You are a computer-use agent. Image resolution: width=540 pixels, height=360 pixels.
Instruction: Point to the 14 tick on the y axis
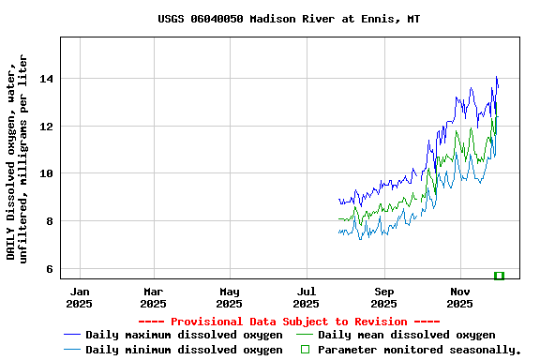point(46,79)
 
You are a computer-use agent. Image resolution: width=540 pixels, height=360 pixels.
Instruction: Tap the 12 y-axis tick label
point(46,127)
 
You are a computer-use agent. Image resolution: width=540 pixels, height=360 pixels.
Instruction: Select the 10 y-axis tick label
point(46,173)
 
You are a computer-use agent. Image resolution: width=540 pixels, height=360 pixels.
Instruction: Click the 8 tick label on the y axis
point(49,221)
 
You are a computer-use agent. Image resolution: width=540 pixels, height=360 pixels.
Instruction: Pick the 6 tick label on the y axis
point(49,269)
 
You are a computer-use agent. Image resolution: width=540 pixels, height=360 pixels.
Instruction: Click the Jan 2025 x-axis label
point(80,297)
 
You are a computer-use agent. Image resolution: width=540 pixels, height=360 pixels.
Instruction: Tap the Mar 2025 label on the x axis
point(153,297)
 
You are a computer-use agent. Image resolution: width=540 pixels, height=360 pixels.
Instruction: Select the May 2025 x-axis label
point(230,297)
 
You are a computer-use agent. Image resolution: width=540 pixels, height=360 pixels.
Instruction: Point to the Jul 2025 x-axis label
point(307,297)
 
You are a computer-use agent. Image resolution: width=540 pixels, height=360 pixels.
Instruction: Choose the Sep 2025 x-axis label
point(383,297)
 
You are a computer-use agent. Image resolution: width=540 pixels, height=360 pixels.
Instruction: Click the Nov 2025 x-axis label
point(460,297)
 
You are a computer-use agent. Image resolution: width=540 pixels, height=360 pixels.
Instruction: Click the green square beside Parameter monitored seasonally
point(305,350)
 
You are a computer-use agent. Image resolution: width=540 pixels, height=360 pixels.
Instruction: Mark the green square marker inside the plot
point(499,276)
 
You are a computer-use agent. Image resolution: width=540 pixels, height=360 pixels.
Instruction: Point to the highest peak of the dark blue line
point(497,78)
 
